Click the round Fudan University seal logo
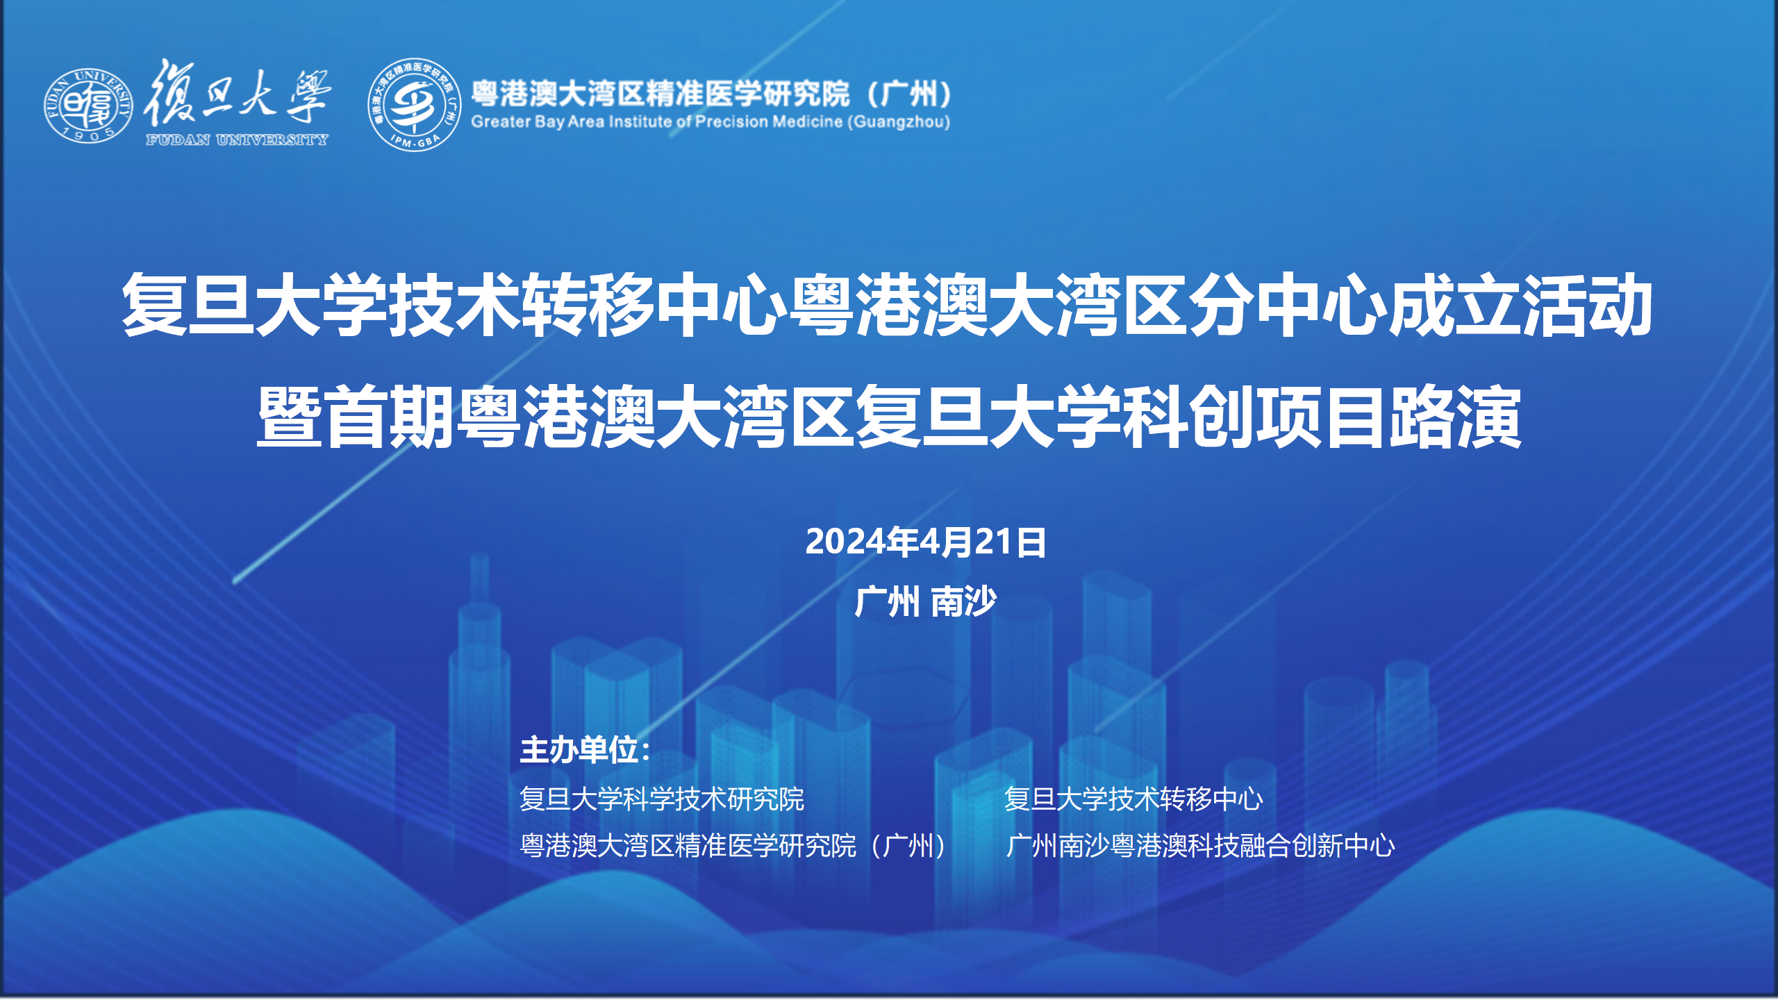88,106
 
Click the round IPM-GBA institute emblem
415,105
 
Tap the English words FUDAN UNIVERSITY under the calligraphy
237,140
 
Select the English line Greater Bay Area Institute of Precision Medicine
711,122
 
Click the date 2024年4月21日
926,542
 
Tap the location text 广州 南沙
926,601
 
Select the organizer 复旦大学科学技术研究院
662,799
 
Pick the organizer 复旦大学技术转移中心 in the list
1133,799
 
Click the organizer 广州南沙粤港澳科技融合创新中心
1200,846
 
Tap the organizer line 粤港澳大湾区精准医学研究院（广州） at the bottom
736,846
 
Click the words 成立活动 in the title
1520,306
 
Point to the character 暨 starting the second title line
290,417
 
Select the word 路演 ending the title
1454,417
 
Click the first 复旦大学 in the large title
254,306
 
